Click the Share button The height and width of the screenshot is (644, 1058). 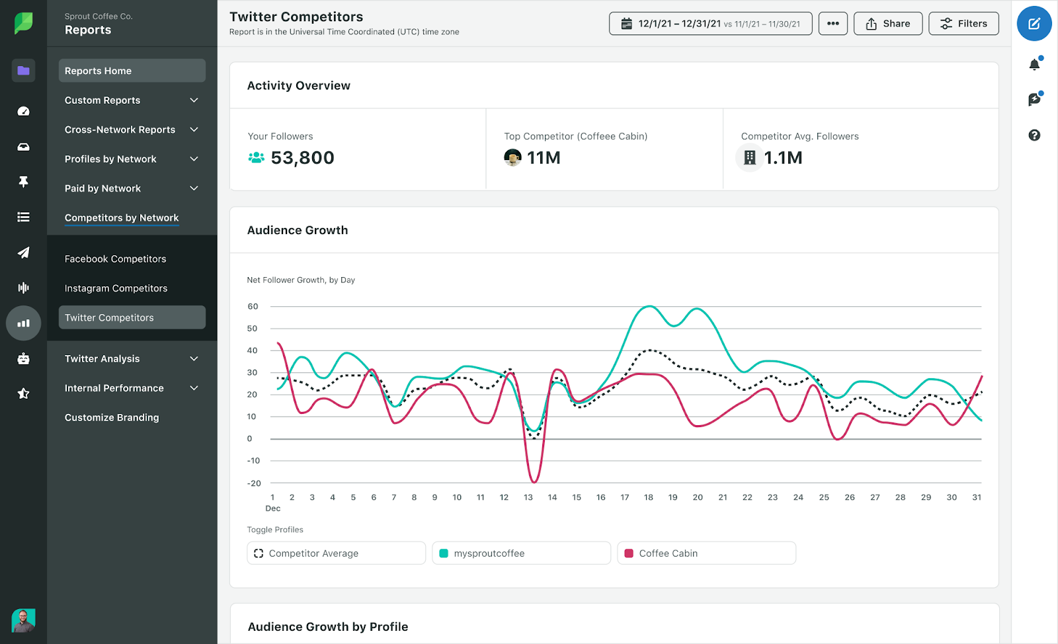(887, 24)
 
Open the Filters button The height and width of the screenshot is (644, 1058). (963, 24)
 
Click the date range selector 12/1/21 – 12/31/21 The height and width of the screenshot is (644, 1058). (710, 24)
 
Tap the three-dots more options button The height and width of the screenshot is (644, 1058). (833, 24)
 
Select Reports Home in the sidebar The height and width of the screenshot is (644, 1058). (132, 71)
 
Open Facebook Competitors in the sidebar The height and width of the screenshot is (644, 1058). (116, 259)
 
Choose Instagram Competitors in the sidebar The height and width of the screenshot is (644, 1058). (116, 288)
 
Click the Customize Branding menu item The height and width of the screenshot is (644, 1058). (112, 418)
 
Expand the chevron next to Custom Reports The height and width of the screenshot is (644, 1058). (194, 101)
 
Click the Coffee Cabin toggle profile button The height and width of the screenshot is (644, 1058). (706, 553)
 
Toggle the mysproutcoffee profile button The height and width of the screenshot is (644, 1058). (520, 553)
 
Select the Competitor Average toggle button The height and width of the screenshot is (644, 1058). (335, 553)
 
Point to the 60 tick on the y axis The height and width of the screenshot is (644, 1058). (253, 307)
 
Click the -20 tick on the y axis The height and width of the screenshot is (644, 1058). (254, 483)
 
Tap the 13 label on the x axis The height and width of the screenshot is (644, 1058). (528, 497)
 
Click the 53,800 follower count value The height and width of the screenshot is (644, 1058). (302, 158)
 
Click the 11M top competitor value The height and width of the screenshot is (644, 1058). (543, 158)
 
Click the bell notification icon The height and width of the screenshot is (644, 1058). (1034, 64)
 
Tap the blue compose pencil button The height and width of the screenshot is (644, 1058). (1034, 24)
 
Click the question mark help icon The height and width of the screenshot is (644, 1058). (1034, 136)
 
